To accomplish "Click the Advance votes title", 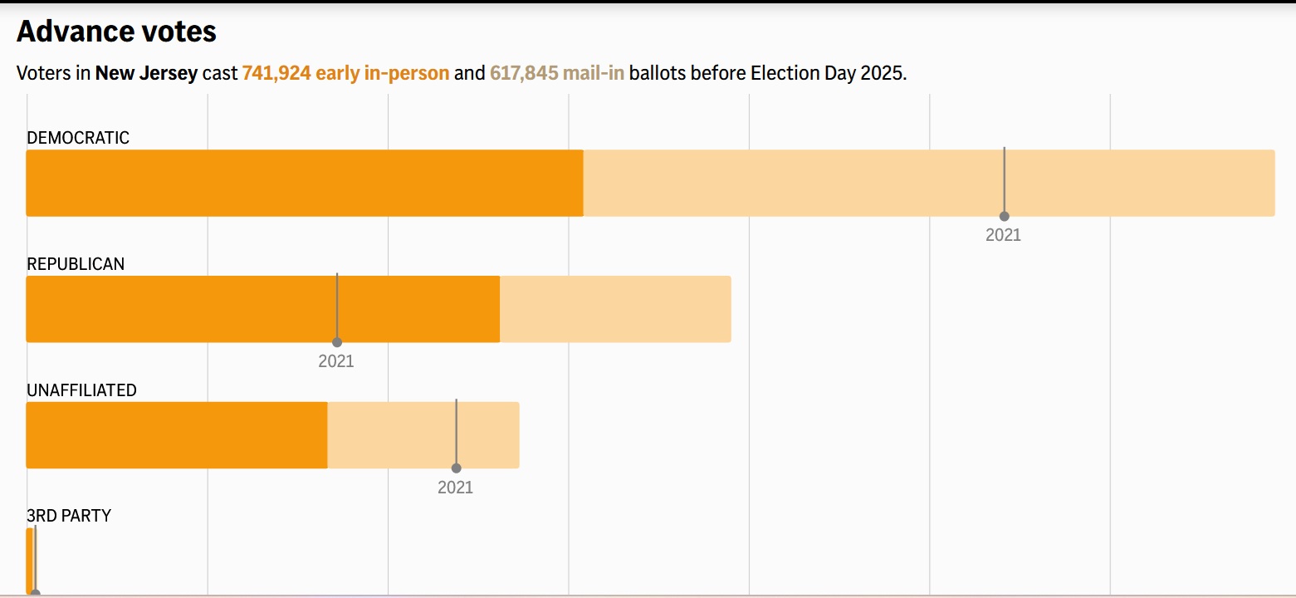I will pyautogui.click(x=116, y=32).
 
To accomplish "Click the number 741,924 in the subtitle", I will pyautogui.click(x=276, y=73).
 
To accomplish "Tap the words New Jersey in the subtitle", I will pyautogui.click(x=146, y=73).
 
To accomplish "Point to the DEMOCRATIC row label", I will pyautogui.click(x=78, y=138).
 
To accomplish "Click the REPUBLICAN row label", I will pyautogui.click(x=76, y=264).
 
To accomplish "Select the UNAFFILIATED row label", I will pyautogui.click(x=81, y=390).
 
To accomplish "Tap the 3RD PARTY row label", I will pyautogui.click(x=69, y=516).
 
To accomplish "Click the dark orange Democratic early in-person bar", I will pyautogui.click(x=305, y=183).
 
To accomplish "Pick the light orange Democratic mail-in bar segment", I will pyautogui.click(x=928, y=183).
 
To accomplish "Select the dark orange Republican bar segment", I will pyautogui.click(x=263, y=309).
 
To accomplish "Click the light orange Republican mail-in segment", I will pyautogui.click(x=615, y=309).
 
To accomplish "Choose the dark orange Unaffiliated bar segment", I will pyautogui.click(x=177, y=435).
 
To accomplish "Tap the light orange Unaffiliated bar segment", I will pyautogui.click(x=423, y=435).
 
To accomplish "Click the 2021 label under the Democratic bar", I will pyautogui.click(x=1003, y=235).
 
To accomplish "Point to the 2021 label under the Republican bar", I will pyautogui.click(x=336, y=361).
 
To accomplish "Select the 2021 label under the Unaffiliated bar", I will pyautogui.click(x=455, y=488).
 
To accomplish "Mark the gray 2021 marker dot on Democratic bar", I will pyautogui.click(x=1004, y=217).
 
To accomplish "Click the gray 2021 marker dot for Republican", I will pyautogui.click(x=337, y=342).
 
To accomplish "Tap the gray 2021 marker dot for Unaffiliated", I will pyautogui.click(x=456, y=468).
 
